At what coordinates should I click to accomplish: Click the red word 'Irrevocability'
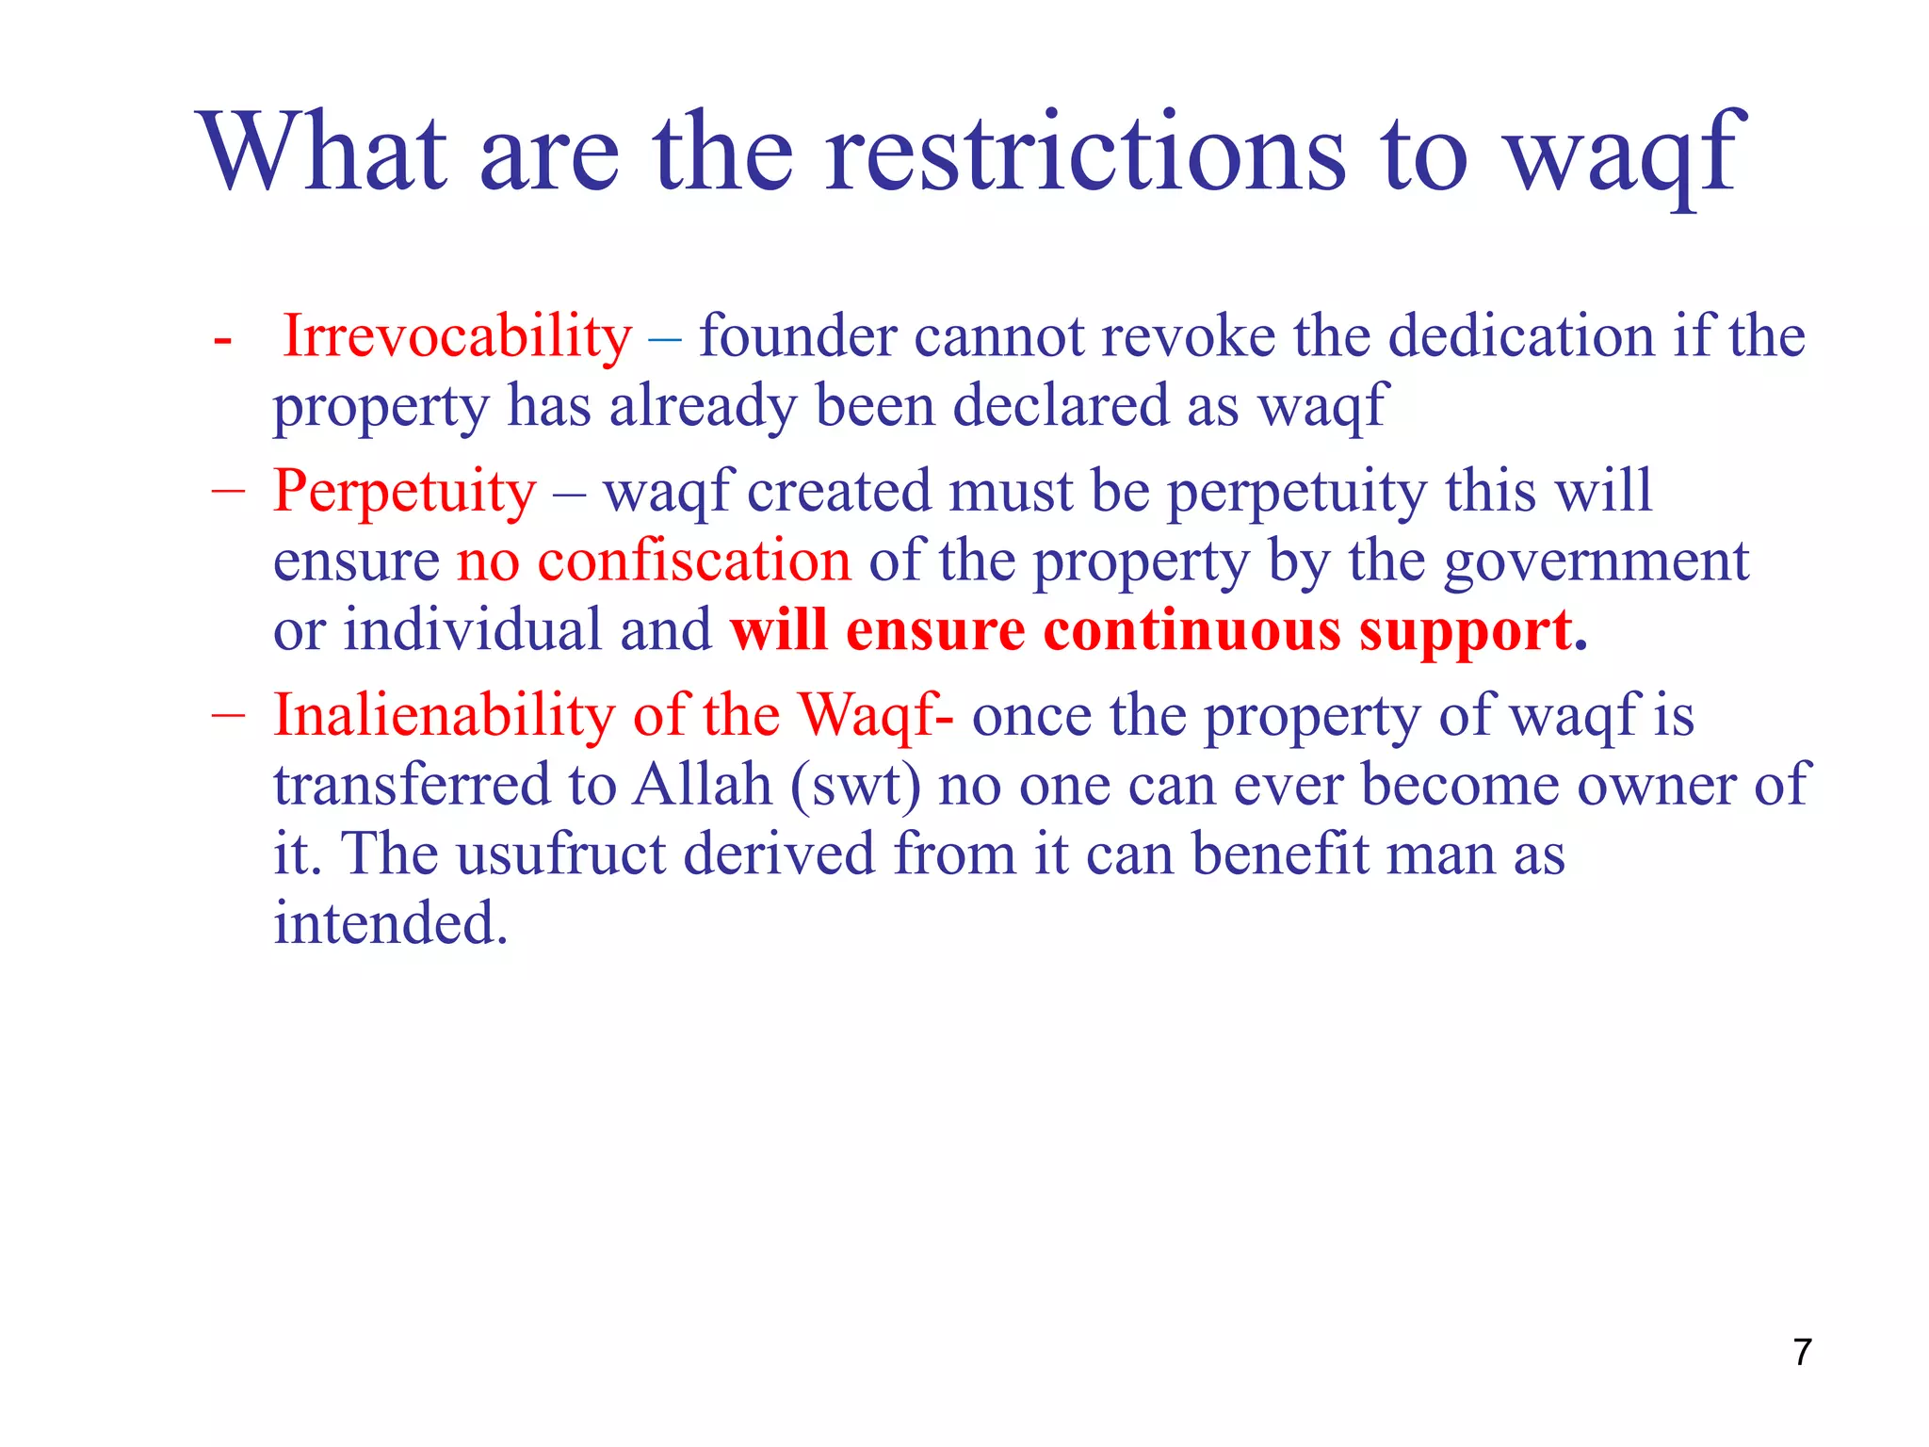tap(458, 336)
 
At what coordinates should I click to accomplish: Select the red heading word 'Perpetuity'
tap(405, 492)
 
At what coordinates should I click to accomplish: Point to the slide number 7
tap(1802, 1352)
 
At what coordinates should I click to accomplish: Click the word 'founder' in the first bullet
tap(798, 336)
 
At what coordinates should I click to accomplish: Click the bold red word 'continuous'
tap(1191, 630)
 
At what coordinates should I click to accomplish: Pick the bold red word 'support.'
tap(1473, 632)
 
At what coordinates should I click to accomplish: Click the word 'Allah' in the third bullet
tap(702, 784)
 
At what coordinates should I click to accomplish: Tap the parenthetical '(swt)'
tap(855, 786)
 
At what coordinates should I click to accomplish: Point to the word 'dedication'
tap(1521, 336)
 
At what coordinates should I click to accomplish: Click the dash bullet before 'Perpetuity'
tap(228, 493)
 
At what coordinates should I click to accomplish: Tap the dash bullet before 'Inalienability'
tap(228, 716)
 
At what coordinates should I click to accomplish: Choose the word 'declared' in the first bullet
tap(1061, 406)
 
